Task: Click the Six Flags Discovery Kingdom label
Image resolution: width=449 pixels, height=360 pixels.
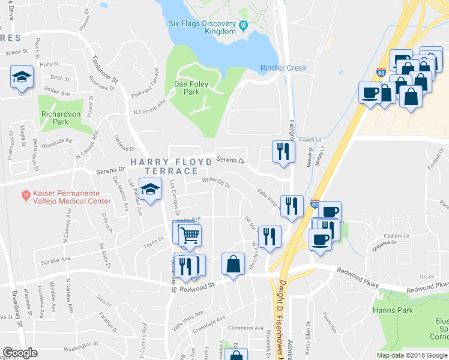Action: pyautogui.click(x=202, y=28)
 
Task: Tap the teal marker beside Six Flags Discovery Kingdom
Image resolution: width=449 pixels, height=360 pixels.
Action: pyautogui.click(x=244, y=25)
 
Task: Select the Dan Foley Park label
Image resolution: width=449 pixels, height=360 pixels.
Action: pyautogui.click(x=191, y=88)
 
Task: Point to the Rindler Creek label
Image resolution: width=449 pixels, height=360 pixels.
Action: pyautogui.click(x=283, y=68)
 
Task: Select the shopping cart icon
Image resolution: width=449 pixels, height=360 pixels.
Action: pyautogui.click(x=190, y=234)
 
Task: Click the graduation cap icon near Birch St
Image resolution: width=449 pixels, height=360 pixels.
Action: pyautogui.click(x=22, y=76)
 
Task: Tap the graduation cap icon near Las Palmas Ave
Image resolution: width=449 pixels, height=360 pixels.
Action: pyautogui.click(x=151, y=189)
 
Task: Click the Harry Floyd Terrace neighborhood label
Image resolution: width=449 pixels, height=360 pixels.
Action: pyautogui.click(x=173, y=166)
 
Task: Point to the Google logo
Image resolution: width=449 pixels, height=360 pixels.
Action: pyautogui.click(x=20, y=353)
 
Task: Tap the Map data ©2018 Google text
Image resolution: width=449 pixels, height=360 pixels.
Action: pyautogui.click(x=412, y=355)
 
